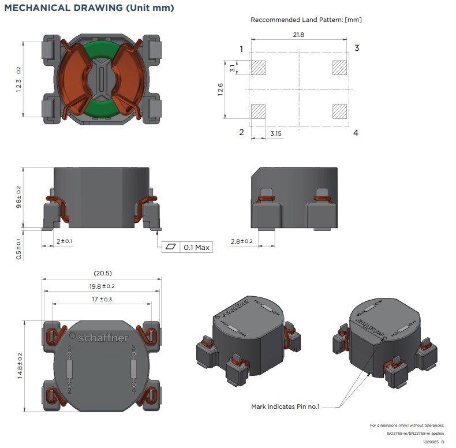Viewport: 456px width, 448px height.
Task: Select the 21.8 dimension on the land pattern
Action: click(x=298, y=35)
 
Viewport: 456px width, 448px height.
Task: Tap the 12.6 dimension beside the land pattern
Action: click(x=220, y=89)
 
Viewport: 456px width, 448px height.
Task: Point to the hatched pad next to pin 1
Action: click(x=257, y=68)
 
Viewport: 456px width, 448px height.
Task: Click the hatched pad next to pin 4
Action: click(x=340, y=111)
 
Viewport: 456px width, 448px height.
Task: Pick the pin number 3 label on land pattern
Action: click(x=357, y=48)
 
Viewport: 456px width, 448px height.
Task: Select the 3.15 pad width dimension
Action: click(x=276, y=133)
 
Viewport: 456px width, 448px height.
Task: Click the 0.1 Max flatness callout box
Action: click(x=188, y=247)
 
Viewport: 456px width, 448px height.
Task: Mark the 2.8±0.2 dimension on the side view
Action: click(x=241, y=241)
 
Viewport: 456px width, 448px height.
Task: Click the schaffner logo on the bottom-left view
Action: click(x=103, y=338)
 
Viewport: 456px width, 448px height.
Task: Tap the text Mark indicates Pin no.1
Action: click(x=285, y=406)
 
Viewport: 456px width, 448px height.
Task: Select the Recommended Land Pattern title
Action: click(x=306, y=20)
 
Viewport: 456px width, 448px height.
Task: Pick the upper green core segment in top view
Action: click(x=102, y=49)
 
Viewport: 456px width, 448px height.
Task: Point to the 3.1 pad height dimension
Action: click(x=232, y=68)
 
